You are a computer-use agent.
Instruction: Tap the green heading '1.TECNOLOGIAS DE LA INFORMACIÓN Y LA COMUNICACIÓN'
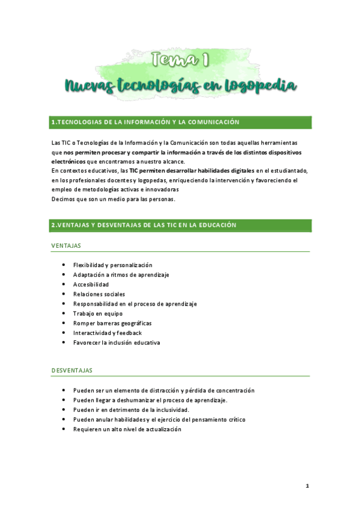pos(145,122)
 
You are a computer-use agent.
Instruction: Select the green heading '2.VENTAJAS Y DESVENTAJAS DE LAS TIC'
pos(144,225)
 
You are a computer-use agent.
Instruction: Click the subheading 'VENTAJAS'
pos(66,245)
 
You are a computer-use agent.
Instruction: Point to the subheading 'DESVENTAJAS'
pos(72,370)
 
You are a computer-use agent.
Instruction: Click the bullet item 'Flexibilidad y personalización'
pos(112,265)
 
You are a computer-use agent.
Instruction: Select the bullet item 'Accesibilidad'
pos(91,284)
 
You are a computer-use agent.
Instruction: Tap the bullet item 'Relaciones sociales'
pos(99,294)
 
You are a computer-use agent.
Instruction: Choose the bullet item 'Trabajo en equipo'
pos(97,313)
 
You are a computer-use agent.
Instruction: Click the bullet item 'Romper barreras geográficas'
pos(112,323)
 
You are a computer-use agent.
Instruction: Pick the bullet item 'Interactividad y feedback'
pos(108,333)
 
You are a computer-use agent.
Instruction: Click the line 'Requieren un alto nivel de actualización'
pos(127,429)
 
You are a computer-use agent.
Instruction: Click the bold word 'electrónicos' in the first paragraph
pos(69,161)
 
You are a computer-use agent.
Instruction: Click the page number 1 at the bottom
pos(307,485)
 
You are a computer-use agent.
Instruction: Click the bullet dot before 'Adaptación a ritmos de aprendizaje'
pos(64,275)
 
